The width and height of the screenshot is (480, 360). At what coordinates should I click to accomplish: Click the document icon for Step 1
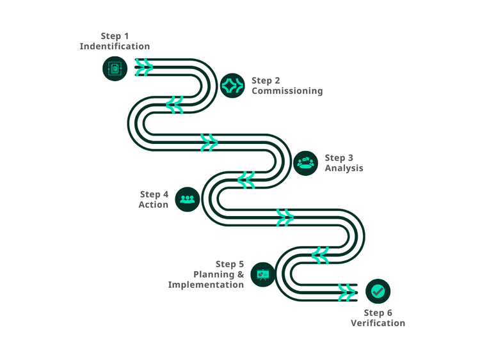pyautogui.click(x=115, y=68)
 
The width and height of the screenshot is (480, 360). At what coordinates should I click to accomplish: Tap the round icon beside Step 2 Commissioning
pyautogui.click(x=232, y=85)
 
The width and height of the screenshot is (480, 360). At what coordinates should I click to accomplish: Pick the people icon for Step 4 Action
pyautogui.click(x=188, y=199)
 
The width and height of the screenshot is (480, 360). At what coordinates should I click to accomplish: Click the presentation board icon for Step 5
pyautogui.click(x=263, y=274)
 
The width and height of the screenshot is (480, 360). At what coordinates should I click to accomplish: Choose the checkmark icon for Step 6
pyautogui.click(x=378, y=292)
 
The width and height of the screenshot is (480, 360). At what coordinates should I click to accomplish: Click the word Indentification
pyautogui.click(x=115, y=47)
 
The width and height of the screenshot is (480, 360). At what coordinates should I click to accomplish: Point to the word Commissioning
pyautogui.click(x=287, y=91)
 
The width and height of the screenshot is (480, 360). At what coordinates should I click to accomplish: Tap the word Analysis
pyautogui.click(x=344, y=168)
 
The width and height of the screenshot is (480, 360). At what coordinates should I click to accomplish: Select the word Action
pyautogui.click(x=154, y=205)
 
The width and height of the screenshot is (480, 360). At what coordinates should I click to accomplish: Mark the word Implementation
pyautogui.click(x=206, y=285)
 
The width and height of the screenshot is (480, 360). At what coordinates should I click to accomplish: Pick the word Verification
pyautogui.click(x=378, y=323)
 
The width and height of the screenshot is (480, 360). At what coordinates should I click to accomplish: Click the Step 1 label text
pyautogui.click(x=115, y=36)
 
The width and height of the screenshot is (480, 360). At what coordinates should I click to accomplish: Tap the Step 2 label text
pyautogui.click(x=266, y=81)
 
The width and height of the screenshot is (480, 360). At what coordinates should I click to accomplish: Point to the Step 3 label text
pyautogui.click(x=339, y=158)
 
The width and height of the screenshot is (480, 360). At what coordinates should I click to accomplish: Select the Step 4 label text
pyautogui.click(x=154, y=194)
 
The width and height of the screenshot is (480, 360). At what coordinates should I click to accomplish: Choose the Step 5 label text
pyautogui.click(x=230, y=264)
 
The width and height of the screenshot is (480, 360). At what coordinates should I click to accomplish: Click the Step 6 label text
pyautogui.click(x=378, y=313)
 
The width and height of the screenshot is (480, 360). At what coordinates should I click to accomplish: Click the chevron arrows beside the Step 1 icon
pyautogui.click(x=144, y=67)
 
